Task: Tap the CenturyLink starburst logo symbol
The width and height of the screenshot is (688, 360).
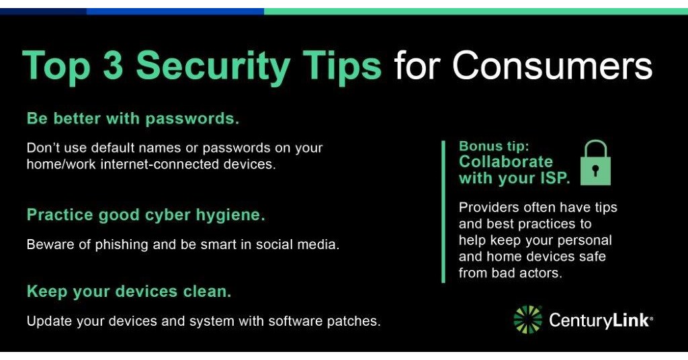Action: (527, 320)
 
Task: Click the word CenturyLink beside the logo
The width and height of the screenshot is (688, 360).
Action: (600, 320)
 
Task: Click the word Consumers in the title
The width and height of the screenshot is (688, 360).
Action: (552, 65)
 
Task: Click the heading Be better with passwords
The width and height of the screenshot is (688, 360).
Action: (133, 119)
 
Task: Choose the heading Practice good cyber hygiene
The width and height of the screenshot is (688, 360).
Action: (146, 215)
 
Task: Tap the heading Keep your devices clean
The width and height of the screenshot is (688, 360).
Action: (129, 292)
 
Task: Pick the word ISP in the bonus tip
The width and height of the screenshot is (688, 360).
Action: (554, 179)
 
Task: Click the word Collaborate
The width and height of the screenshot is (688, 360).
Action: (506, 162)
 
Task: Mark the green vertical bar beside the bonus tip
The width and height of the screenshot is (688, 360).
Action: (443, 212)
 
